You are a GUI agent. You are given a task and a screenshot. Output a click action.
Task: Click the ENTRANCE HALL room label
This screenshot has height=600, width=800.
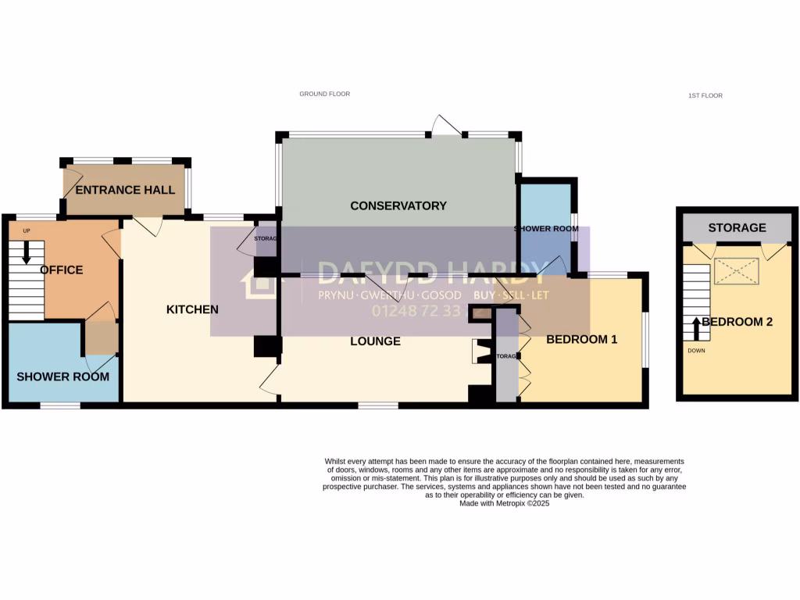click(x=125, y=190)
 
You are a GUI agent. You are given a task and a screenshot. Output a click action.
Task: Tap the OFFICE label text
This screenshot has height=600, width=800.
click(x=62, y=270)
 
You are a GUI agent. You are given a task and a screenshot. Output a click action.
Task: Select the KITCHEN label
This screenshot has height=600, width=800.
click(x=192, y=309)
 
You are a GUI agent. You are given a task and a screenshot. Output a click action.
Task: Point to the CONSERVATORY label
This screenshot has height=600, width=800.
click(x=398, y=205)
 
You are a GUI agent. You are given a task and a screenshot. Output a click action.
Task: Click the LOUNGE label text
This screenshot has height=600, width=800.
click(x=375, y=341)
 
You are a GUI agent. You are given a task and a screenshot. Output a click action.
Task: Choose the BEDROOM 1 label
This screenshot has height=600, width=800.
click(x=581, y=339)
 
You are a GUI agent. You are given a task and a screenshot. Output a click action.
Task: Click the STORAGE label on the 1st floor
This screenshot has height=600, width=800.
click(x=737, y=227)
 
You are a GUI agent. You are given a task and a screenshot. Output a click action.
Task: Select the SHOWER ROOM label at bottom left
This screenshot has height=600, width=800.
click(x=62, y=377)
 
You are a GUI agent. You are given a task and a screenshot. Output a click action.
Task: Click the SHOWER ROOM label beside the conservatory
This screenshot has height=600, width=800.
click(x=546, y=229)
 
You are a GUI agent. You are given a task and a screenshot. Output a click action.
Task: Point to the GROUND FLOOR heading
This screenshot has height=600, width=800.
click(x=324, y=94)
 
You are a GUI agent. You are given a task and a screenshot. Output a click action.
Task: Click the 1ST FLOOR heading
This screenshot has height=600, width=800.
click(x=705, y=95)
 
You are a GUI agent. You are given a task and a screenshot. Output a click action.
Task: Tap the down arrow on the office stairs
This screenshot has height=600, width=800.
click(x=26, y=252)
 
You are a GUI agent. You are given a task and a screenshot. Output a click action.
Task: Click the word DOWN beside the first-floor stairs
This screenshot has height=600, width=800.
click(x=696, y=351)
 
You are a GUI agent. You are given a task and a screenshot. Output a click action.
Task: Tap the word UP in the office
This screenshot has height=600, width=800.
click(x=26, y=230)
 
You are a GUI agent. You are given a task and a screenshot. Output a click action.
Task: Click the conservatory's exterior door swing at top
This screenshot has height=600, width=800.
click(x=446, y=123)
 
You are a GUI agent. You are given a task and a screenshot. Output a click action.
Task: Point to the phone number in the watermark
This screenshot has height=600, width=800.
click(x=416, y=311)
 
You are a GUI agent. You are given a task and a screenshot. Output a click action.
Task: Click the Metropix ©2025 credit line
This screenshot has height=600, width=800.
click(x=505, y=504)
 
